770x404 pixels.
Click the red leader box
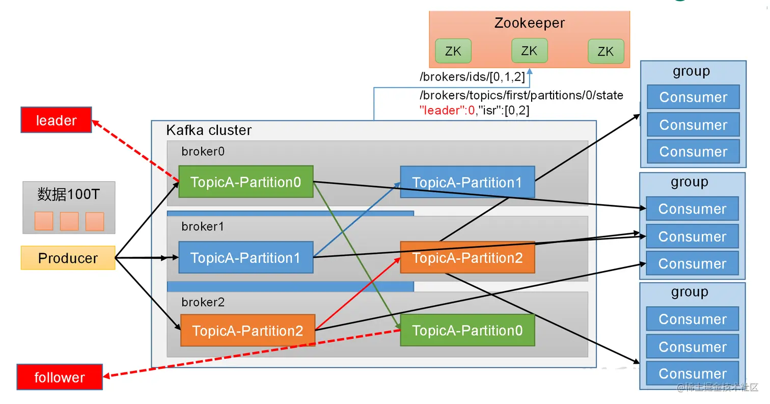pyautogui.click(x=56, y=120)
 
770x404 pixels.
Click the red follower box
pyautogui.click(x=60, y=378)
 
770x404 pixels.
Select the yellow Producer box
pyautogui.click(x=68, y=258)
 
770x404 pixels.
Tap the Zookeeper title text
pyautogui.click(x=529, y=23)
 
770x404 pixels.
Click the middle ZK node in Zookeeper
pyautogui.click(x=529, y=51)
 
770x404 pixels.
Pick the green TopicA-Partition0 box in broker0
pyautogui.click(x=245, y=182)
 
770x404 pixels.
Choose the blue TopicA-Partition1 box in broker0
pyautogui.click(x=467, y=182)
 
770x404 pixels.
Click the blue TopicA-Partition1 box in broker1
pyautogui.click(x=245, y=258)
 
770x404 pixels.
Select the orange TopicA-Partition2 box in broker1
pyautogui.click(x=467, y=258)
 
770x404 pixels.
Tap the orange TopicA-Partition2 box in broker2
pyautogui.click(x=248, y=331)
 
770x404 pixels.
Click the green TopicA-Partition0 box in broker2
pyautogui.click(x=467, y=331)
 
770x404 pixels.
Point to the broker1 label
pyautogui.click(x=203, y=227)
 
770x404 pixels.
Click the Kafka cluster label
pyautogui.click(x=209, y=130)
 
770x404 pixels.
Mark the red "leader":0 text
pyautogui.click(x=447, y=110)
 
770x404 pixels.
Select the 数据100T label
pyautogui.click(x=69, y=194)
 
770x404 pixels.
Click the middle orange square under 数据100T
pyautogui.click(x=69, y=221)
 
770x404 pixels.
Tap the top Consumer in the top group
pyautogui.click(x=693, y=97)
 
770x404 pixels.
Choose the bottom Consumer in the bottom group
pyautogui.click(x=693, y=374)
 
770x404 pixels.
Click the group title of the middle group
pyautogui.click(x=690, y=182)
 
